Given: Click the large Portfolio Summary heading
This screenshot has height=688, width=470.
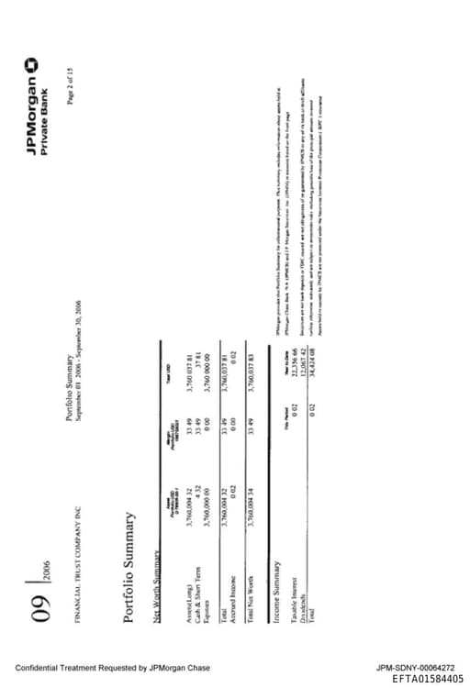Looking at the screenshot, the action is [130, 568].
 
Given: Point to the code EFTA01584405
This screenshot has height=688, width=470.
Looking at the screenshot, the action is [428, 679].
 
